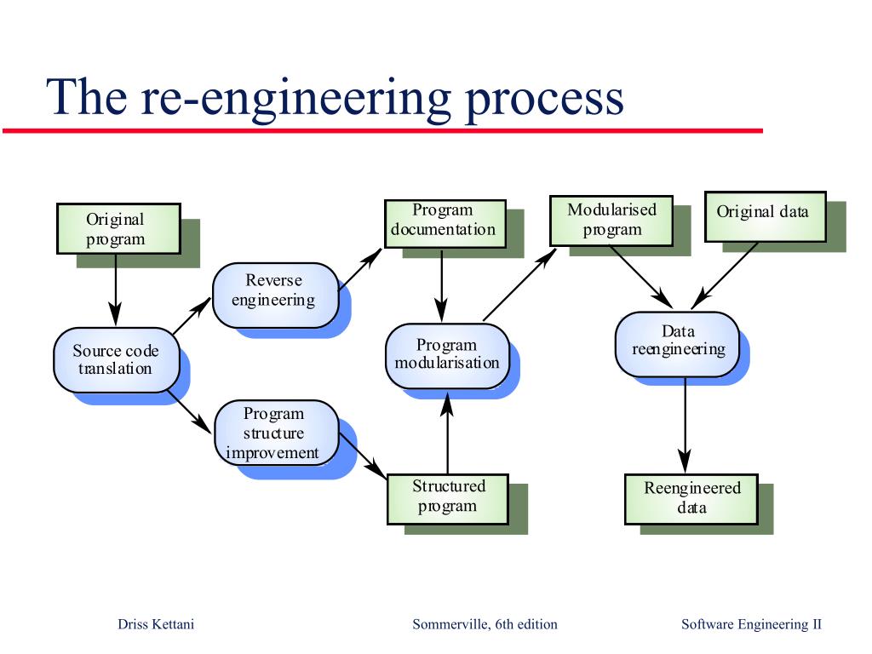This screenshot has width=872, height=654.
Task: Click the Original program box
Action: (118, 228)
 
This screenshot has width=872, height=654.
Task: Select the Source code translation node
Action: (116, 360)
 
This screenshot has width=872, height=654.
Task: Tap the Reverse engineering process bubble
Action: (274, 295)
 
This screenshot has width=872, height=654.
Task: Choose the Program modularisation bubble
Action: (447, 355)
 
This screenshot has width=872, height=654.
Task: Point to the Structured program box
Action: (448, 498)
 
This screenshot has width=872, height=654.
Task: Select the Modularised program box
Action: (611, 221)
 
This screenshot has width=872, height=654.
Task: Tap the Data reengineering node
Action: (677, 344)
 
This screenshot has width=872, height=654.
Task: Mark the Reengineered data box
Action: (691, 499)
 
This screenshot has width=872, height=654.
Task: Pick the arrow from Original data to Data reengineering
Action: (726, 274)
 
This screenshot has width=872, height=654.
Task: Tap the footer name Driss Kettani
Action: (156, 624)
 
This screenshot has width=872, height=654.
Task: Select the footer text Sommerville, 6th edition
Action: (485, 624)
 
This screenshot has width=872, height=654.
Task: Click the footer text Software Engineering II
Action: (751, 624)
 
